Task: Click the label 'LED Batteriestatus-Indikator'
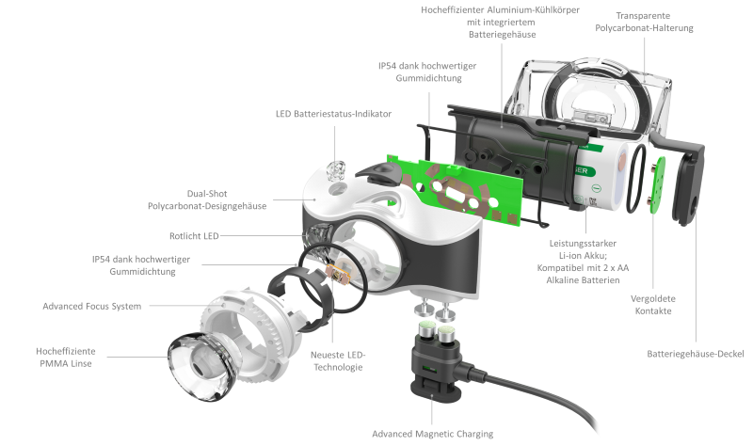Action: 333,114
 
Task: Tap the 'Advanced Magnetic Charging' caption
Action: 433,434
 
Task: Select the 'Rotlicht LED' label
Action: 194,236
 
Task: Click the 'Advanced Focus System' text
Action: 91,306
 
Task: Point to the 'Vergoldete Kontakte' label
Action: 653,304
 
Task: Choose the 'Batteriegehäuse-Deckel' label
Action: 696,354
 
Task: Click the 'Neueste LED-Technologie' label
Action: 338,361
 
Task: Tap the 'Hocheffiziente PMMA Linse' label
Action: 66,358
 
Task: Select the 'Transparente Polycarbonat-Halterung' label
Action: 644,22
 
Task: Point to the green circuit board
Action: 454,191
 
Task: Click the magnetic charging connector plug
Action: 436,359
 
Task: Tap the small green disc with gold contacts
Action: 657,184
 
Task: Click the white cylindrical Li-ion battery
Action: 601,175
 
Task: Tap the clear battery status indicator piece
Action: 336,170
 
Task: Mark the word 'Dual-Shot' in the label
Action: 207,194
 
